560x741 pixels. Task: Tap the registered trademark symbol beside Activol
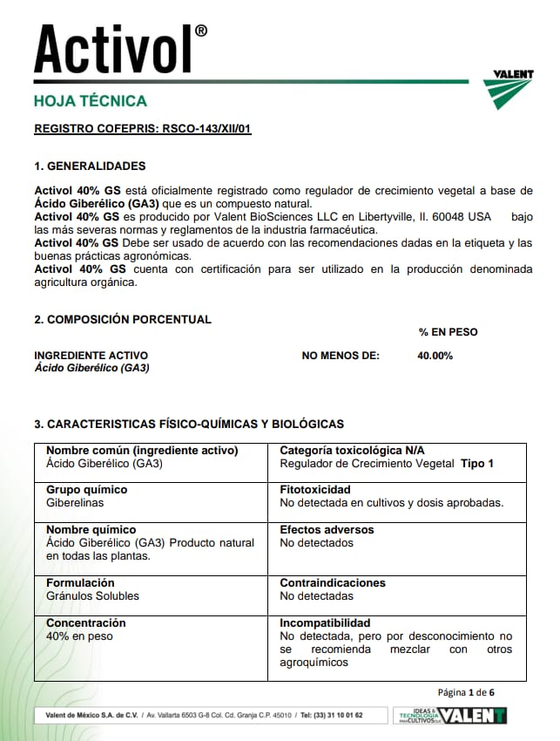pos(201,31)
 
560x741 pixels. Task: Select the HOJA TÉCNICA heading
pos(91,101)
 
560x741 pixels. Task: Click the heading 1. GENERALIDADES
pos(90,167)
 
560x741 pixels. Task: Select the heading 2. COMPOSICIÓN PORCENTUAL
pos(123,319)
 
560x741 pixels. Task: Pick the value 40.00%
pos(435,356)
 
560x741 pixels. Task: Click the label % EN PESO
pos(448,332)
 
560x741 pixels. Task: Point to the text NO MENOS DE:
pos(341,356)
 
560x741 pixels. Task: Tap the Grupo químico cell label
pos(86,490)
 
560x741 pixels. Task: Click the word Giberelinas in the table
pos(75,503)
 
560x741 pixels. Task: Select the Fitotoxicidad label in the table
pos(314,490)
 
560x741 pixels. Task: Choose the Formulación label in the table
pos(80,583)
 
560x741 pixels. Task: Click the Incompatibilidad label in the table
pos(325,623)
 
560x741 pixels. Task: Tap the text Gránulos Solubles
pos(92,596)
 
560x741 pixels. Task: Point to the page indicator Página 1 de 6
pos(466,692)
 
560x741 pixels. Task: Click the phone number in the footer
pos(331,715)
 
